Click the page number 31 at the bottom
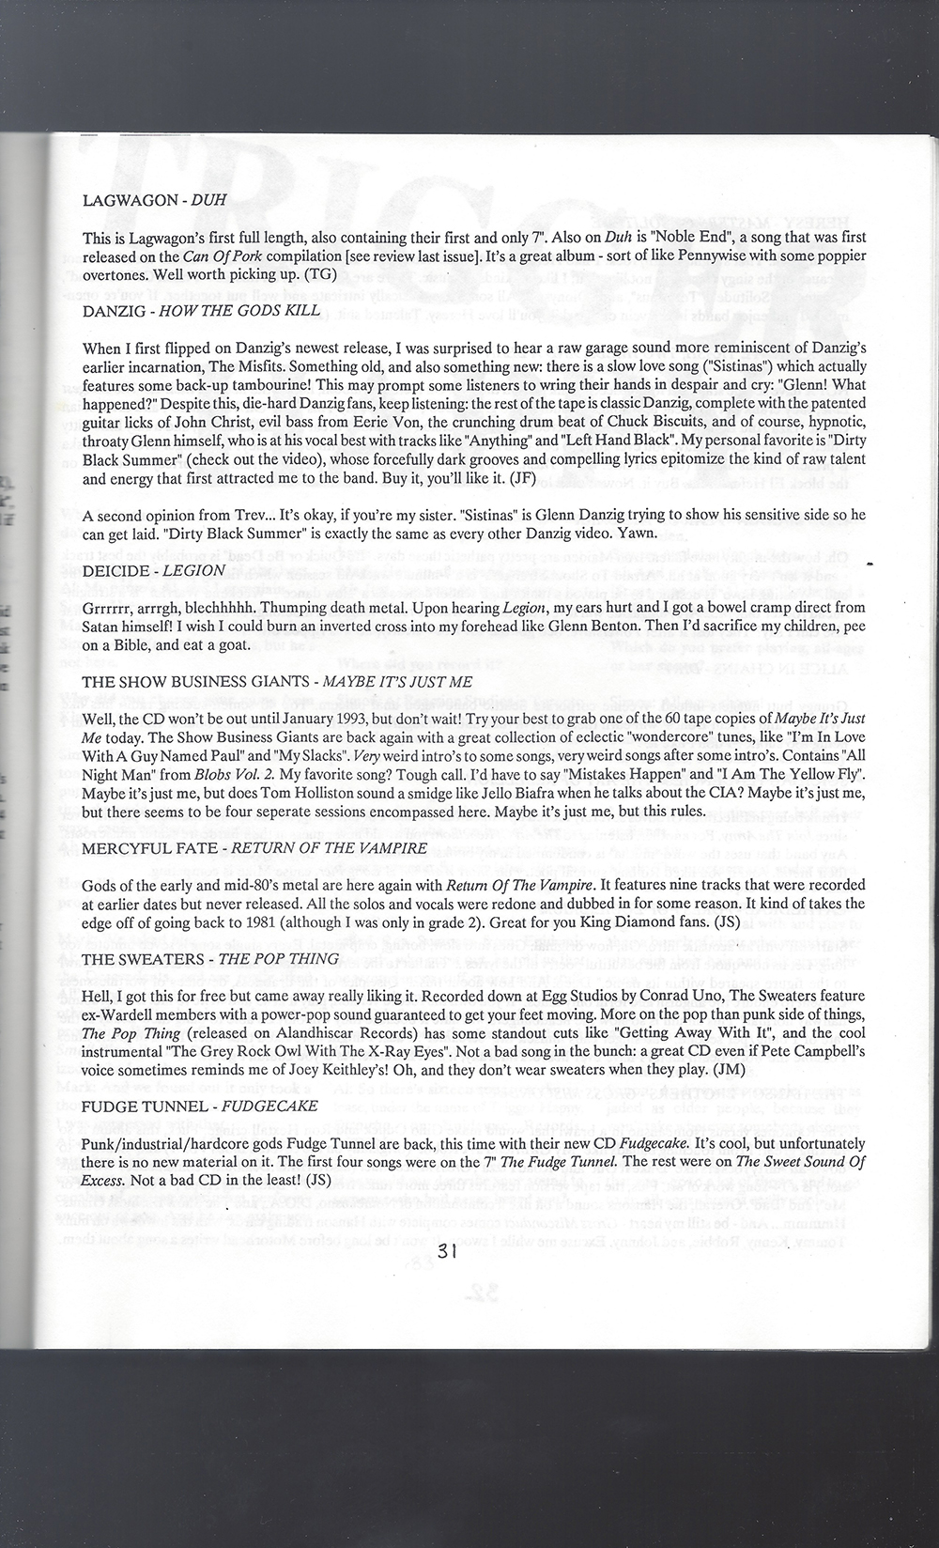tap(445, 1250)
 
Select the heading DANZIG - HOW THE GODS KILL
tap(201, 310)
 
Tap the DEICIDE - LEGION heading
tap(153, 570)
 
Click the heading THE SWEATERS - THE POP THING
tap(210, 958)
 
